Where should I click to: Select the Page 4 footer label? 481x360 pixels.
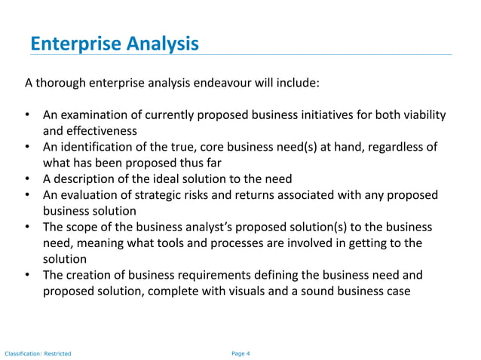point(240,352)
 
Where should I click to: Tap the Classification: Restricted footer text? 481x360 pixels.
point(38,352)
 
